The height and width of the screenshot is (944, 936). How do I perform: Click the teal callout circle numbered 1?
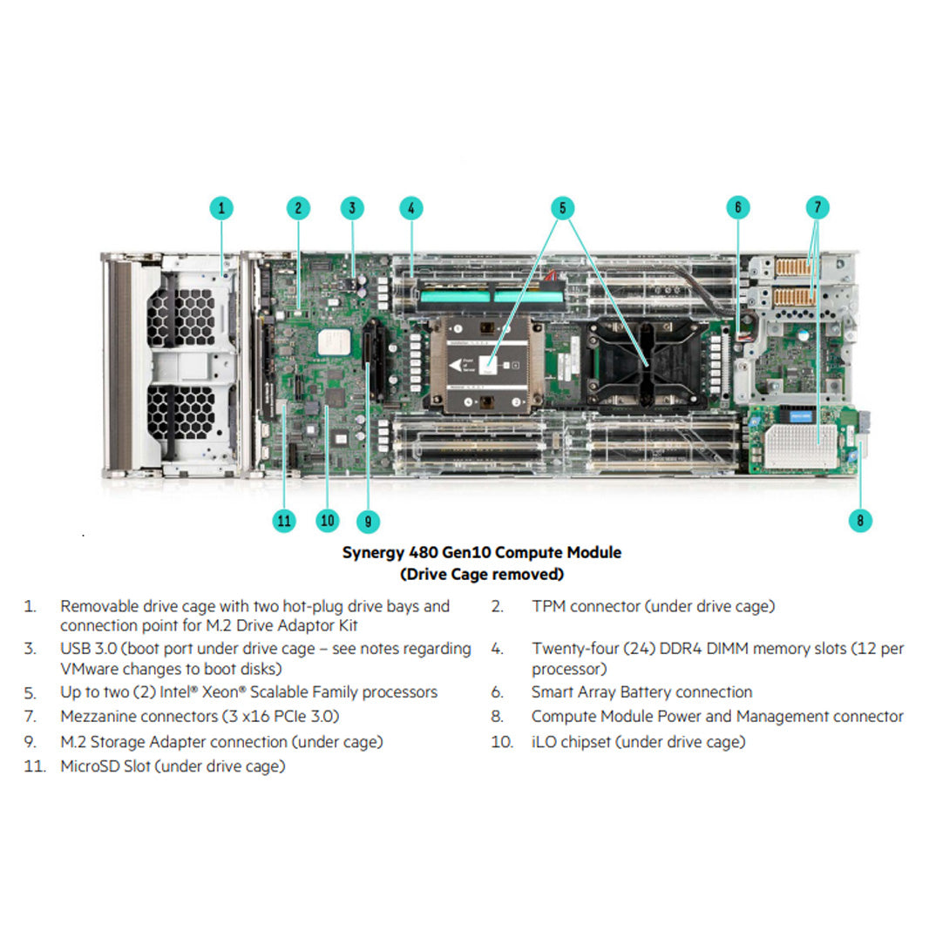pyautogui.click(x=221, y=208)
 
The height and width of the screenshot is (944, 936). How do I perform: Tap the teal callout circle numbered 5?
pyautogui.click(x=562, y=208)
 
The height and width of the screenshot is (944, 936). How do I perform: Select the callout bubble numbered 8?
pyautogui.click(x=859, y=521)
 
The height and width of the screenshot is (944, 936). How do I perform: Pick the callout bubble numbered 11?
pyautogui.click(x=284, y=521)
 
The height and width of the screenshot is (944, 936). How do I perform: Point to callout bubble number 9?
pyautogui.click(x=368, y=521)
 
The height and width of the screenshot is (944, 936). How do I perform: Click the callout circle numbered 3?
pyautogui.click(x=352, y=208)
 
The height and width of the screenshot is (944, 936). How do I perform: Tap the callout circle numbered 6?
pyautogui.click(x=737, y=208)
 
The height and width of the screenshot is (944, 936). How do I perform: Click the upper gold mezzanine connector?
pyautogui.click(x=793, y=267)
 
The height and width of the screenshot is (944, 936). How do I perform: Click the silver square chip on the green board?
pyautogui.click(x=329, y=342)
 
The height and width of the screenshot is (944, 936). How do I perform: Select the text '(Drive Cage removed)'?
pyautogui.click(x=481, y=575)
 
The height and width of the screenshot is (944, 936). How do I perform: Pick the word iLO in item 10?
pyautogui.click(x=543, y=742)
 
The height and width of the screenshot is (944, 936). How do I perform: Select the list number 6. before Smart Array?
pyautogui.click(x=497, y=692)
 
